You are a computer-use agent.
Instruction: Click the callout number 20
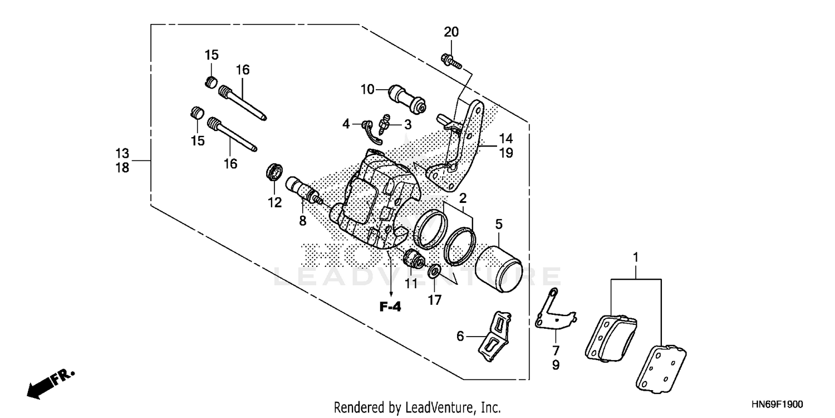(451, 32)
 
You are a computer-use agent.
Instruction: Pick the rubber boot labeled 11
(414, 259)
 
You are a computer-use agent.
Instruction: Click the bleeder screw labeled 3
(383, 122)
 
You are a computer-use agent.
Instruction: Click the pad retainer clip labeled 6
(495, 337)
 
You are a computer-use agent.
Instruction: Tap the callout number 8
(302, 221)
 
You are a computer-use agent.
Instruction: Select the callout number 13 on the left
(122, 152)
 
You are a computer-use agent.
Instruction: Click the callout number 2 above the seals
(463, 198)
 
